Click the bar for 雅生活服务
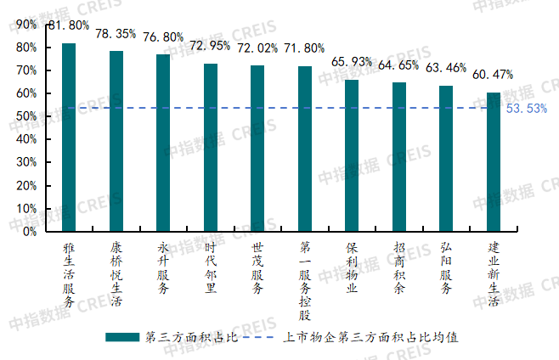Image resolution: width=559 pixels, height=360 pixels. pyautogui.click(x=69, y=137)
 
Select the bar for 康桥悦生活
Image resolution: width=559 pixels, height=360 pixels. pyautogui.click(x=116, y=141)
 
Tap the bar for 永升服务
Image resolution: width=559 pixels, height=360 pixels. pyautogui.click(x=163, y=143)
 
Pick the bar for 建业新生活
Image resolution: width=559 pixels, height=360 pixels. pyautogui.click(x=493, y=161)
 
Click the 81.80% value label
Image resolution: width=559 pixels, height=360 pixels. pyautogui.click(x=68, y=26)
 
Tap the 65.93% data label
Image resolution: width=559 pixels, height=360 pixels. pyautogui.click(x=352, y=62)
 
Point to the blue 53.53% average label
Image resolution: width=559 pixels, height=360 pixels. pyautogui.click(x=526, y=109)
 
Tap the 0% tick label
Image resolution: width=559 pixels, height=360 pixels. pyautogui.click(x=29, y=231)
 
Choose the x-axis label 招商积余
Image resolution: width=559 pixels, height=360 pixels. pyautogui.click(x=399, y=267)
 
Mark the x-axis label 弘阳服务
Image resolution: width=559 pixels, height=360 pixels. pyautogui.click(x=446, y=267)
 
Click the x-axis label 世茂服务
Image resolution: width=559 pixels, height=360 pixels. pyautogui.click(x=257, y=267)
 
